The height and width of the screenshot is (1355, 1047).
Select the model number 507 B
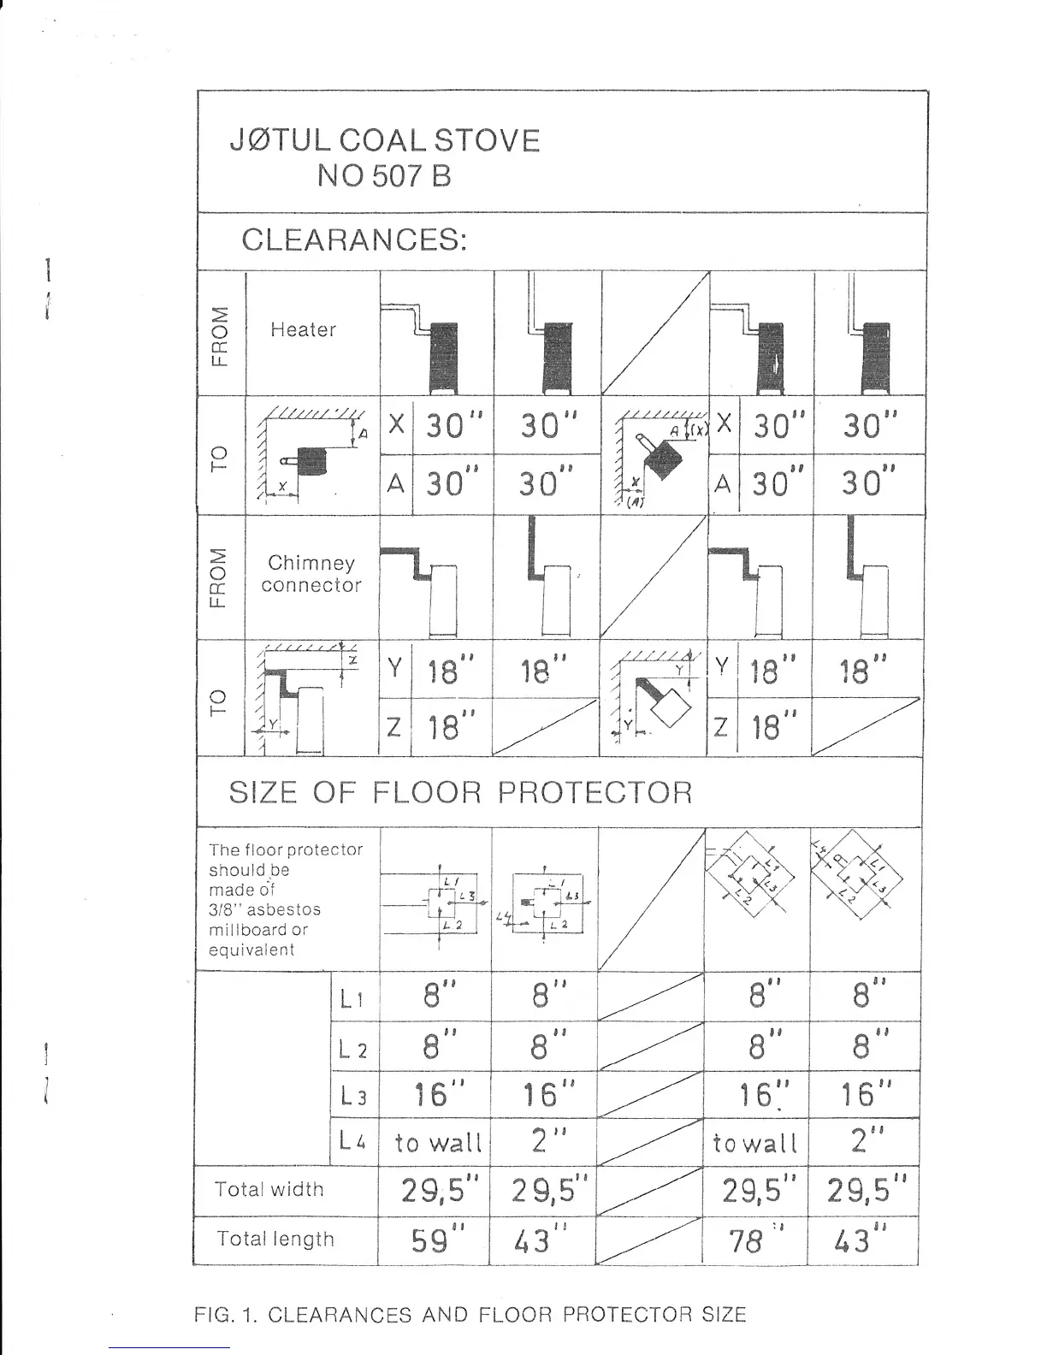tap(411, 176)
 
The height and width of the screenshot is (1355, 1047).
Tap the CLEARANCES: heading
tap(354, 240)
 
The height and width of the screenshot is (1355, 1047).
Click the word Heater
tap(303, 329)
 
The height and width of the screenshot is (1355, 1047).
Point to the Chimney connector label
tap(311, 574)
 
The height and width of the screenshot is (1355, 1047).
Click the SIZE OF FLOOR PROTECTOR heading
tap(460, 792)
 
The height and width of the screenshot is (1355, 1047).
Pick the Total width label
tap(269, 1189)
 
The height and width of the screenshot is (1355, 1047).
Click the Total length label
tap(275, 1239)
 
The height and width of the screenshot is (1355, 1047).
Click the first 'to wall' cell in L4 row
tap(438, 1142)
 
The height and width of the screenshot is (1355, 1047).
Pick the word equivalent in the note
tap(251, 950)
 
